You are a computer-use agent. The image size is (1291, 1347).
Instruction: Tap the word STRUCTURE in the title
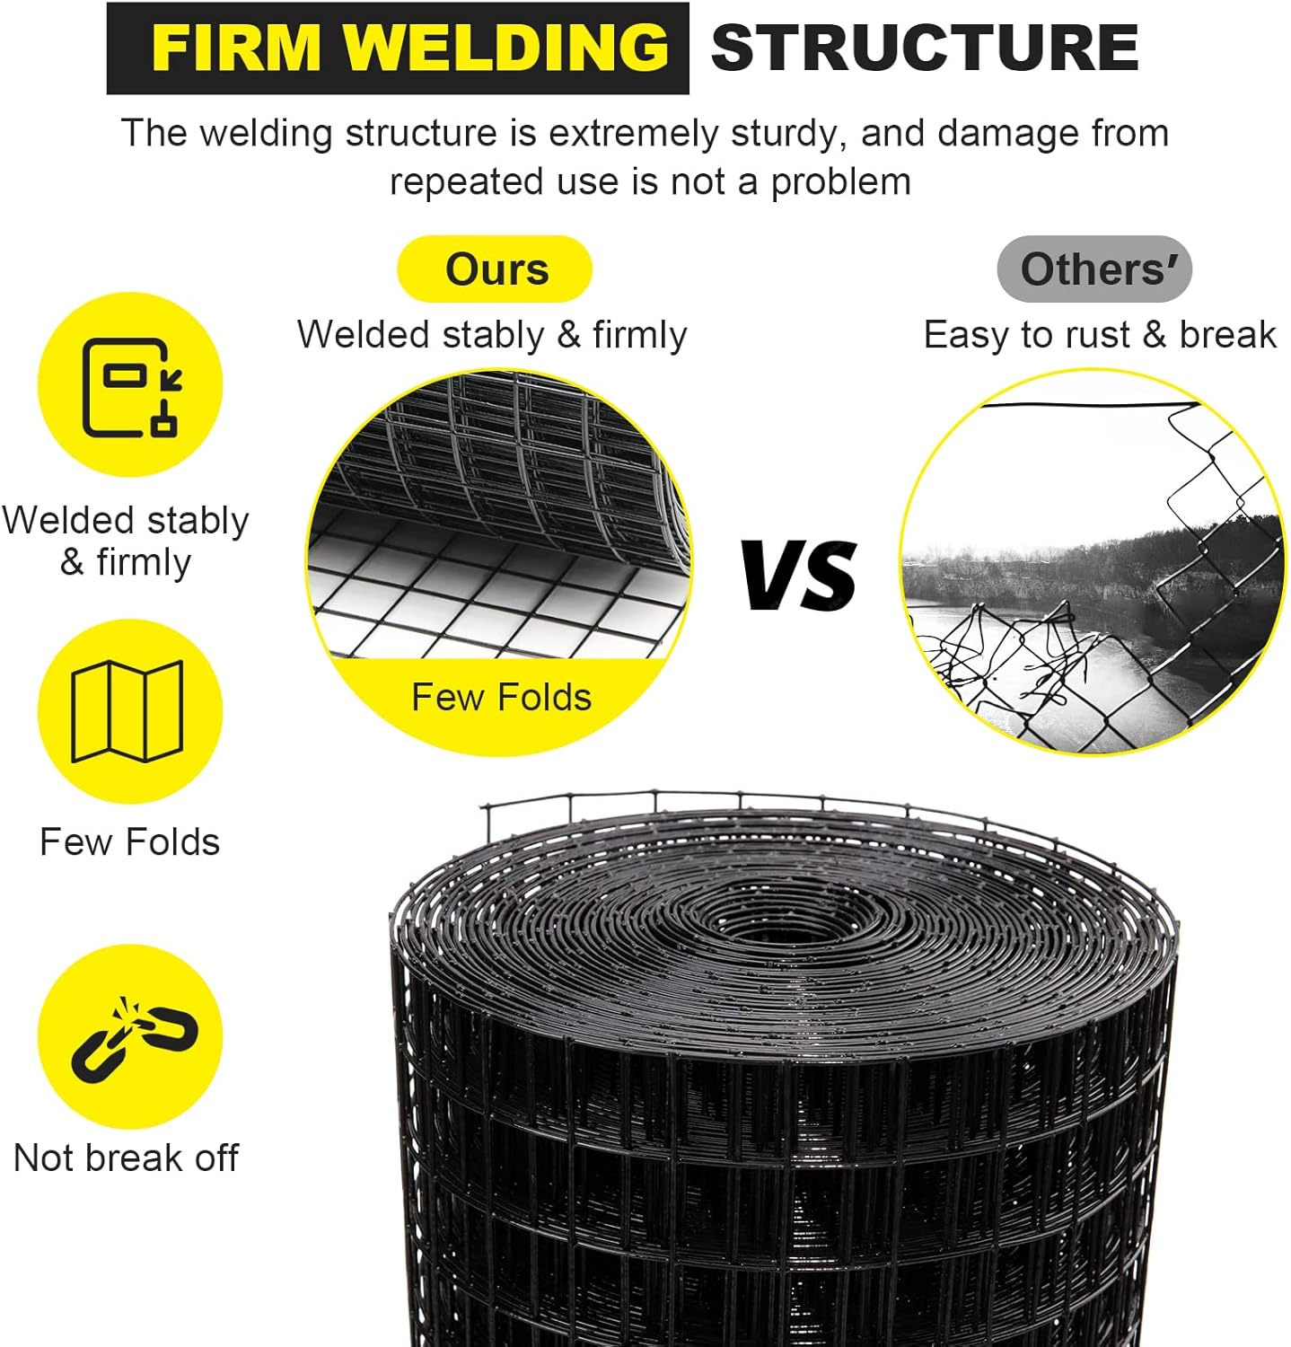tap(925, 48)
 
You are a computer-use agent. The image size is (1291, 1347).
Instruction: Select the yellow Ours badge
tap(496, 269)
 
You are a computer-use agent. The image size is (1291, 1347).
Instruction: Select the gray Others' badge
tap(1094, 269)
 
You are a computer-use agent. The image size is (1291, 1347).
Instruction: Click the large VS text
tap(799, 576)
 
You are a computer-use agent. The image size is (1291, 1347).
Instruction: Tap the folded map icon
tap(127, 710)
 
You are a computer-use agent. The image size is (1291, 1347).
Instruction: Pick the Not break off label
tap(127, 1158)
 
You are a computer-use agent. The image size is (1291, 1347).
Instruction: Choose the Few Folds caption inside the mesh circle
tap(501, 698)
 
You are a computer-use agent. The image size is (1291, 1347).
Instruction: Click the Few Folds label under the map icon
tap(130, 842)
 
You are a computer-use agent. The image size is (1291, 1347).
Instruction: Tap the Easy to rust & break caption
tap(1099, 335)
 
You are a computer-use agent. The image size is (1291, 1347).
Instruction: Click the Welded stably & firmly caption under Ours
tap(492, 335)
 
